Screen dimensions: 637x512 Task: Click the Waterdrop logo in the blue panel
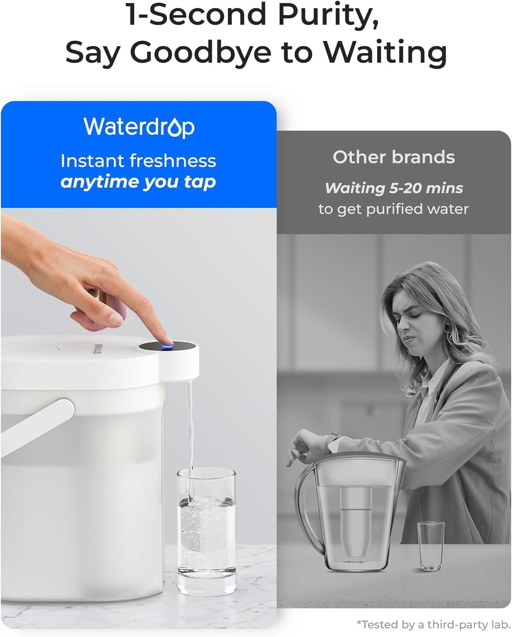coord(139,127)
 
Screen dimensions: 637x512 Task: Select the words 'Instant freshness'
coord(138,161)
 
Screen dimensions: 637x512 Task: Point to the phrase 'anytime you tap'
coord(138,182)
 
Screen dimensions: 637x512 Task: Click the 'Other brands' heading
coord(393,157)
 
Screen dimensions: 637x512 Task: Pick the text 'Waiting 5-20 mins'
coord(393,188)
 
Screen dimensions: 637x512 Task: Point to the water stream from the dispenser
coord(189,425)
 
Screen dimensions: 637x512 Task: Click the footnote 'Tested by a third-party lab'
coord(433,624)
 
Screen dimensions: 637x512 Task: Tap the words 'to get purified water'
coord(393,209)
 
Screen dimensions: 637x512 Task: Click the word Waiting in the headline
coord(385,53)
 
